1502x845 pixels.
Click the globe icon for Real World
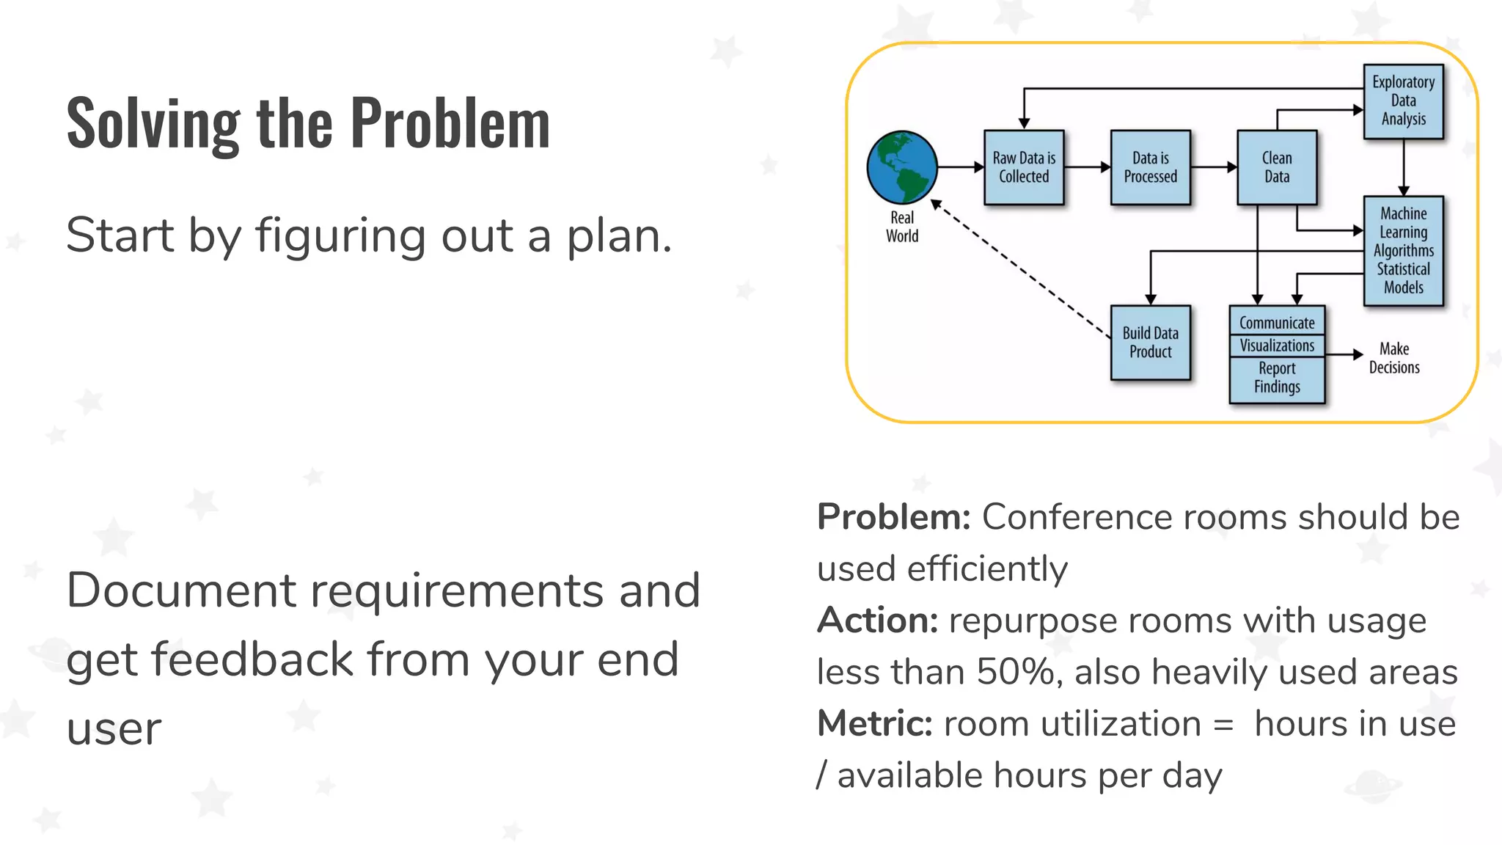tap(901, 167)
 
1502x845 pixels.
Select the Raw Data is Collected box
tap(1024, 167)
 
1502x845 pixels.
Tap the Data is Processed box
tap(1150, 167)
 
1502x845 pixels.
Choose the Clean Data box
tap(1277, 167)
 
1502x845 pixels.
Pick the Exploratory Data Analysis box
tap(1403, 101)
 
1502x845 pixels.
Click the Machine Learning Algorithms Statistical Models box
tap(1403, 251)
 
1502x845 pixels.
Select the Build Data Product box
tap(1150, 343)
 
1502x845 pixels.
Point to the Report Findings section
tap(1277, 378)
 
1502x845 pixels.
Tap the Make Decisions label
tap(1393, 358)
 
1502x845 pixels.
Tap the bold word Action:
tap(877, 621)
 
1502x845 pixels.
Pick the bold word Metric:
tap(874, 724)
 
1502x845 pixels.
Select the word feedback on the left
tap(253, 659)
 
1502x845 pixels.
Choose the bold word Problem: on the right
tap(893, 517)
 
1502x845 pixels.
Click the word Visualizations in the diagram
tap(1277, 345)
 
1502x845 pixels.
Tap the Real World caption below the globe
tap(901, 227)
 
